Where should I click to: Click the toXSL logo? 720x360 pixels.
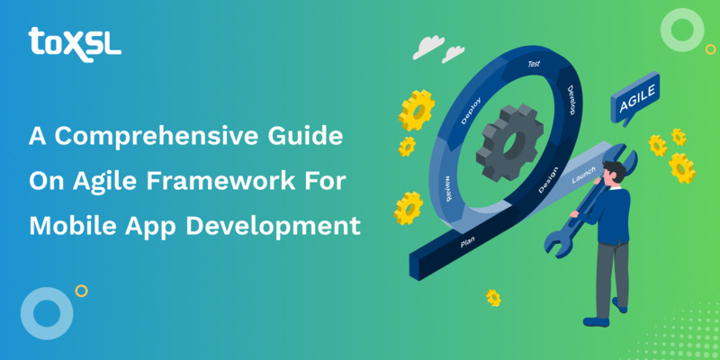[74, 41]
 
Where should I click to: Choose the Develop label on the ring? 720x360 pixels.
[571, 100]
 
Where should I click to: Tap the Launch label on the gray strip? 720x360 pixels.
[584, 176]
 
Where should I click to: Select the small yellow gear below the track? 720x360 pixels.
[493, 297]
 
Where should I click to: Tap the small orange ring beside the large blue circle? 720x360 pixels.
[82, 291]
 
